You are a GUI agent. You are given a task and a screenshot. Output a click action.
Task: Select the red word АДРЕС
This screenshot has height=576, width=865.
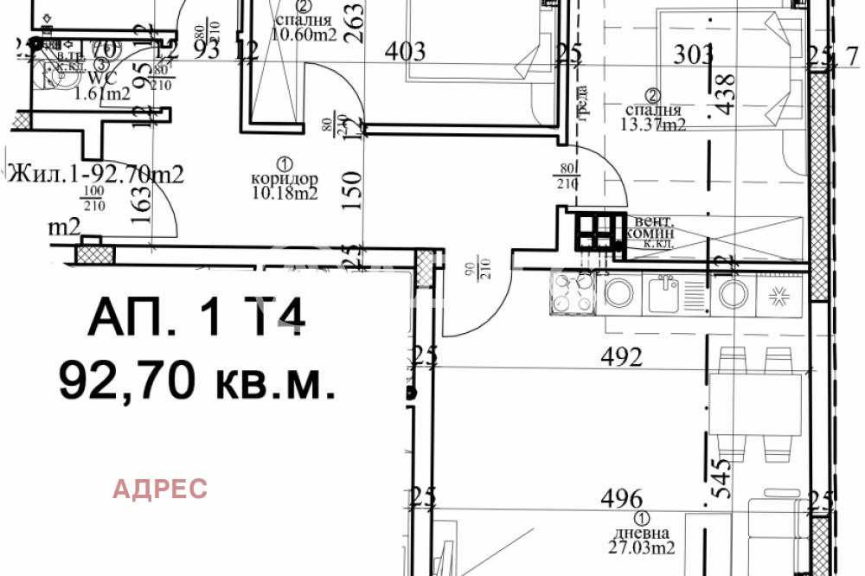[161, 489]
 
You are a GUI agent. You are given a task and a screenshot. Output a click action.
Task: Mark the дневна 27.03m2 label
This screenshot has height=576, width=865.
[641, 533]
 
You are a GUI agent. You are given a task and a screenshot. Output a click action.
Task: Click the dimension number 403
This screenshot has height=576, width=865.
[406, 52]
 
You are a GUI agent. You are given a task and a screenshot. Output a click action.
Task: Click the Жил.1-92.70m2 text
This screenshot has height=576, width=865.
[95, 174]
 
